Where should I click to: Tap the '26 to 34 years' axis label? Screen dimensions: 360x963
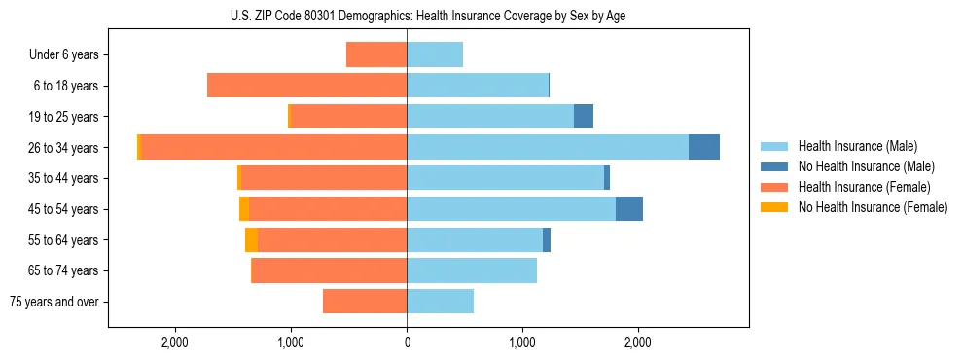(64, 147)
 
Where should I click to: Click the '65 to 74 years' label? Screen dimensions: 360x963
(64, 270)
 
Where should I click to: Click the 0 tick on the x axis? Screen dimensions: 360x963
(407, 342)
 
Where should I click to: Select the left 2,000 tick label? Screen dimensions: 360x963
(174, 342)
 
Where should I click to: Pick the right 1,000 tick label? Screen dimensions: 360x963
(522, 342)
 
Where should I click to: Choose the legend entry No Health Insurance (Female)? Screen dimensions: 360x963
(872, 206)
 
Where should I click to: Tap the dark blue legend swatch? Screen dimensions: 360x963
(774, 166)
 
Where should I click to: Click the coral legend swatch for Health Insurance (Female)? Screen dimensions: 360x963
(774, 187)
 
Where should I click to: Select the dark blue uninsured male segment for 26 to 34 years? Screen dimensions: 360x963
(704, 147)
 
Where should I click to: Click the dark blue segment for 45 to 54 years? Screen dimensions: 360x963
(629, 209)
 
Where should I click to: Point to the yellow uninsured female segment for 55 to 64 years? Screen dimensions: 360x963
(251, 239)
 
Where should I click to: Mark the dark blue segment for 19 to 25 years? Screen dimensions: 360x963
(584, 117)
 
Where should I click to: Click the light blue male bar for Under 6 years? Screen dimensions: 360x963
(435, 54)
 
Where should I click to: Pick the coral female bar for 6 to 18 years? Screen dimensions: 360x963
(306, 86)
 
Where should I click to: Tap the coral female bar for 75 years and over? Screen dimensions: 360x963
(365, 302)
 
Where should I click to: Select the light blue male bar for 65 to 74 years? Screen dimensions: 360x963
(472, 270)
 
